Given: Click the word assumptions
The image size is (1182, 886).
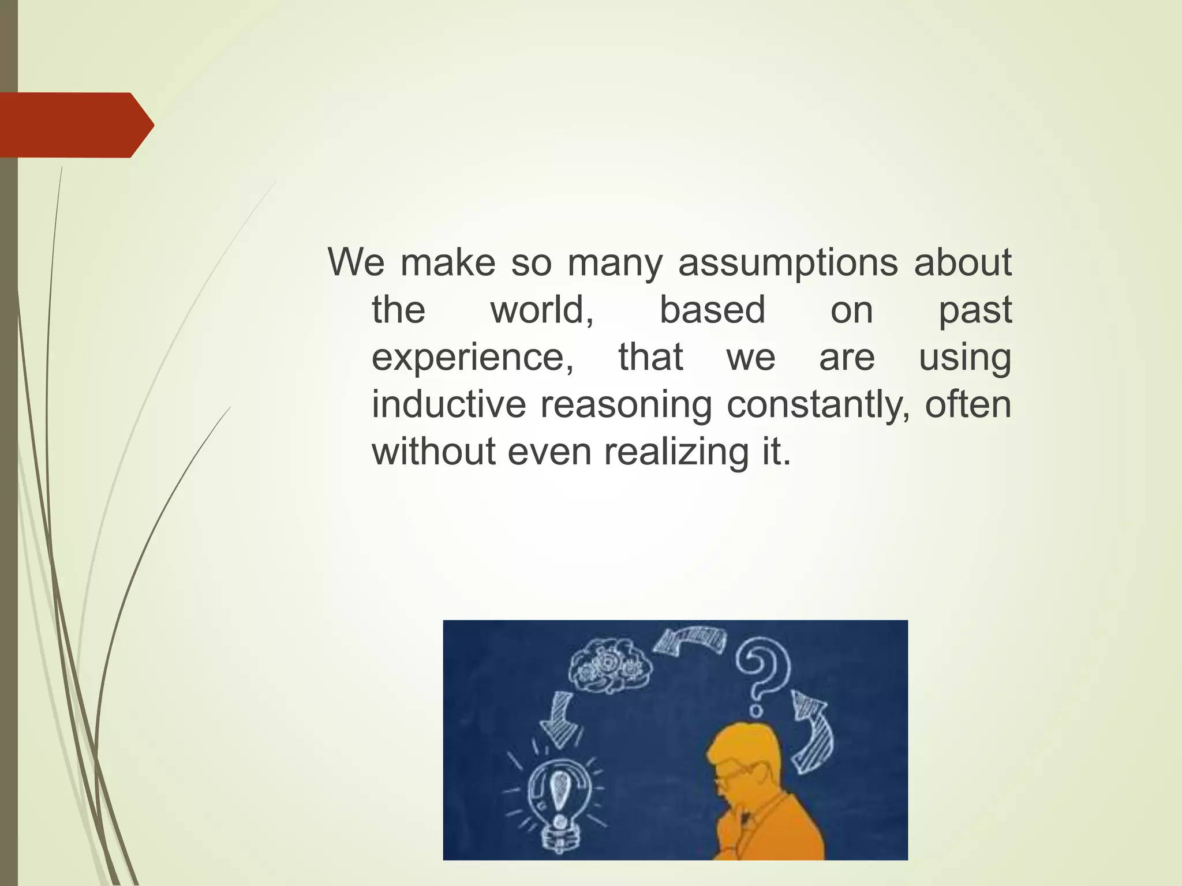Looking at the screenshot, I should pyautogui.click(x=788, y=263).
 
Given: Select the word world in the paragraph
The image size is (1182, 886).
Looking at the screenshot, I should pyautogui.click(x=542, y=310).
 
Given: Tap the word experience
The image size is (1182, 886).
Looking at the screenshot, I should pyautogui.click(x=472, y=358).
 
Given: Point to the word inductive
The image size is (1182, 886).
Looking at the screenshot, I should pyautogui.click(x=448, y=404).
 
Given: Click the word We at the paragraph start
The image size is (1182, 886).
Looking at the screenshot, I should pyautogui.click(x=356, y=262).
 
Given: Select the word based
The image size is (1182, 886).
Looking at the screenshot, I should pyautogui.click(x=712, y=310).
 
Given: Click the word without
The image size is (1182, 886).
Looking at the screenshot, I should pyautogui.click(x=433, y=452).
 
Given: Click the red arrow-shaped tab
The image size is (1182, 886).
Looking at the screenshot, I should pyautogui.click(x=75, y=125).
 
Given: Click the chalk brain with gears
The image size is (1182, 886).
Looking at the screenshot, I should pyautogui.click(x=611, y=666).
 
